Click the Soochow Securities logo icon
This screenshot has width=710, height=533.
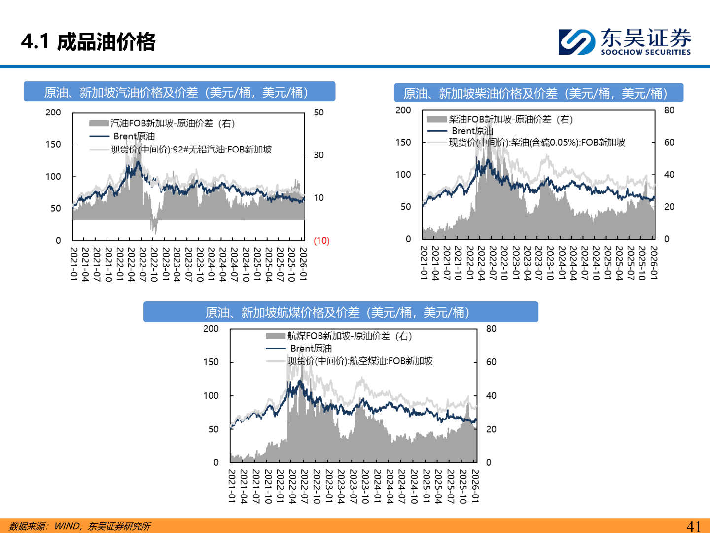[x=576, y=41]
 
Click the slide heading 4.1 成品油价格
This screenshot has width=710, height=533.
[x=89, y=42]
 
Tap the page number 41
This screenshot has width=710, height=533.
[x=693, y=526]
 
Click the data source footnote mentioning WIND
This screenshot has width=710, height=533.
[x=80, y=526]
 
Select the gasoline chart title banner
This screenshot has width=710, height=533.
[x=179, y=92]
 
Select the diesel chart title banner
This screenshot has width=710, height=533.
[x=538, y=93]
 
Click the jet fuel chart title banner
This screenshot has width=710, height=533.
[x=341, y=312]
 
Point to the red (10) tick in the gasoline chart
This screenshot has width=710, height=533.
[x=321, y=241]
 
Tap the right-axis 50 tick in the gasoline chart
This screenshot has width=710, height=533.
[x=319, y=113]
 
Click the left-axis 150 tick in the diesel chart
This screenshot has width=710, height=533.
[x=403, y=142]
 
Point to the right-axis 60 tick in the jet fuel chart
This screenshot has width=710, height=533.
[x=491, y=362]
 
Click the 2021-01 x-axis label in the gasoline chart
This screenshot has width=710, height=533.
[x=74, y=265]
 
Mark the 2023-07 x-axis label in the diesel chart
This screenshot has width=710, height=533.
[x=538, y=263]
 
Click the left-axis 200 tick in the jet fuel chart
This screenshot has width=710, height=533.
[x=211, y=329]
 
